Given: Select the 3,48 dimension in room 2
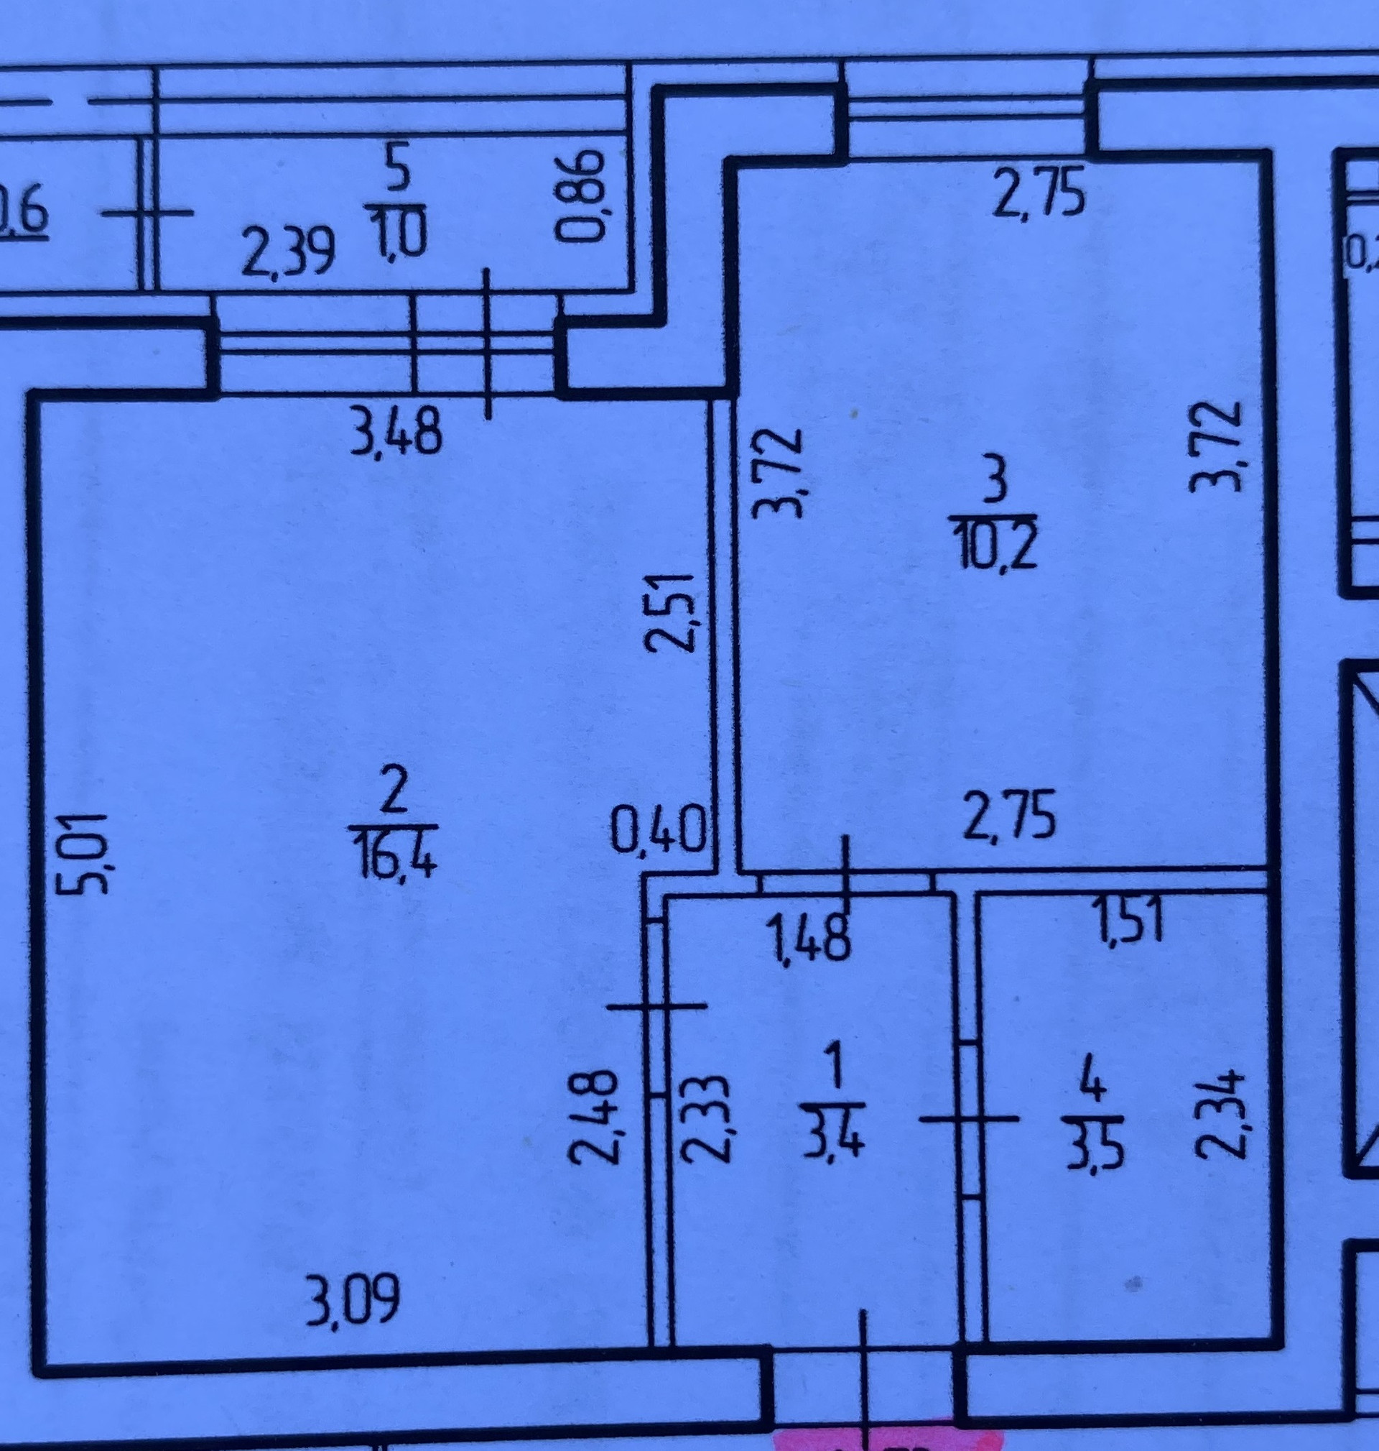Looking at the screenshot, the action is pos(396,433).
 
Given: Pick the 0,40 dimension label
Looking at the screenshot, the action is pos(659,829).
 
